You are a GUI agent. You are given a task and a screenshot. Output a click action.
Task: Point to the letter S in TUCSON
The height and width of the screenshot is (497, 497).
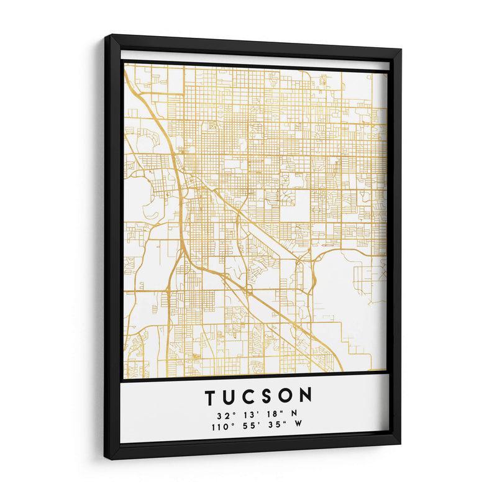267,396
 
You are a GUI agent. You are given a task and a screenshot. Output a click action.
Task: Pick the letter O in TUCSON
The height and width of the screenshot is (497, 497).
286,396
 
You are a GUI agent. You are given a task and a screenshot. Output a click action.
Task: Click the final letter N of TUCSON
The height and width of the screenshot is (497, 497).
306,396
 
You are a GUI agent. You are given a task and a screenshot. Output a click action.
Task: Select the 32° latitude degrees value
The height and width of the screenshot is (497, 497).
225,414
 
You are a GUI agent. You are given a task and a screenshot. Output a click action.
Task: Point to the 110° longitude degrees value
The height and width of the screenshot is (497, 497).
222,427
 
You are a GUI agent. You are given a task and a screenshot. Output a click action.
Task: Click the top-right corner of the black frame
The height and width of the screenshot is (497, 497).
401,50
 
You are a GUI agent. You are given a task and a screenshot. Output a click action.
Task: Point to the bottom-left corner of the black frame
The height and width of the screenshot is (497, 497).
106,458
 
